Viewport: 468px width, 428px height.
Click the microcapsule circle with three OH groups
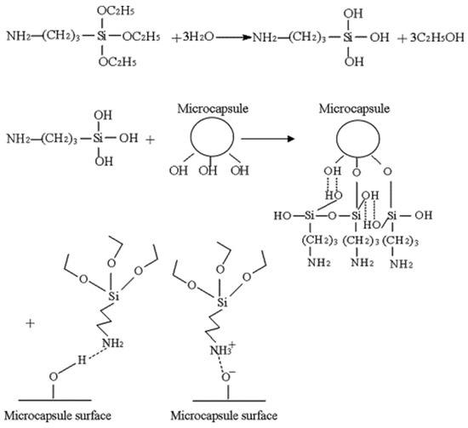[x=203, y=138]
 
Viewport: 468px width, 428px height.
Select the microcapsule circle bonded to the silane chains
[x=361, y=138]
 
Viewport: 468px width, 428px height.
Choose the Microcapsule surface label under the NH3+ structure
[x=214, y=416]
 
